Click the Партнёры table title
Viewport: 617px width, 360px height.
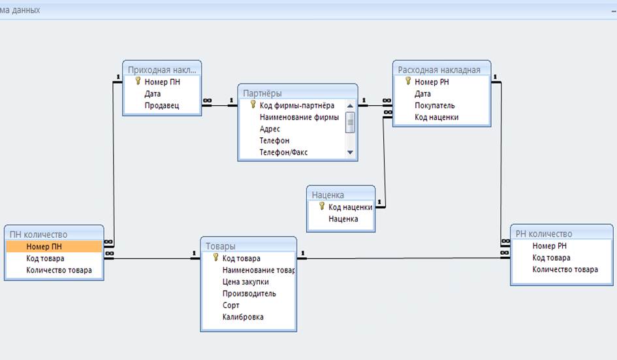pos(262,93)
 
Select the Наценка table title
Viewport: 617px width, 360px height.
pos(328,195)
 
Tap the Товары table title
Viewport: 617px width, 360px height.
pos(221,246)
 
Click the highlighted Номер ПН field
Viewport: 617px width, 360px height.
pos(44,246)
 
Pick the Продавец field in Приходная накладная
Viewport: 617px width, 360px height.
pos(162,106)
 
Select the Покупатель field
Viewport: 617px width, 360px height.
pos(435,106)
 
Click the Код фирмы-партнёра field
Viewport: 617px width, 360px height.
pos(297,106)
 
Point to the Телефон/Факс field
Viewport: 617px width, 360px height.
pos(284,152)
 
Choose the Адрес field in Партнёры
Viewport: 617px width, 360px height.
pos(270,129)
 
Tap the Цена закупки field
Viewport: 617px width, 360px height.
pos(245,282)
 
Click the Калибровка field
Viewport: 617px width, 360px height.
pos(243,317)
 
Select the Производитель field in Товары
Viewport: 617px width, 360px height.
pos(249,294)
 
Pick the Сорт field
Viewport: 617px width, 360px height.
pos(230,305)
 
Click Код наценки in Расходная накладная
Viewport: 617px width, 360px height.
pos(436,118)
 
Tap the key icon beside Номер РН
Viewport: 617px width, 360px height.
pos(408,81)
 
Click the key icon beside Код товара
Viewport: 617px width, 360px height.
pos(215,257)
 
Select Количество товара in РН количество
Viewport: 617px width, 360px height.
pos(565,269)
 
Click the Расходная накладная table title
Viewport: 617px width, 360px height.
pos(439,70)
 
